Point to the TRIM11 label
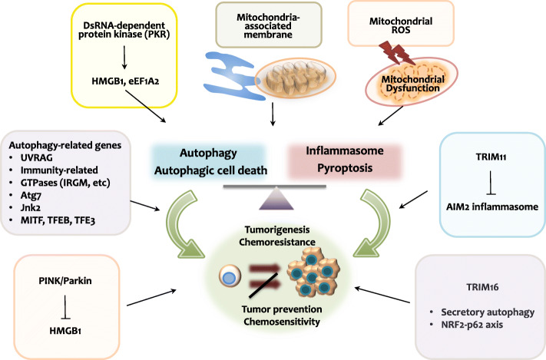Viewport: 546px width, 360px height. pyautogui.click(x=491, y=157)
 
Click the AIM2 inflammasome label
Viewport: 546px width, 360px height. pyautogui.click(x=492, y=206)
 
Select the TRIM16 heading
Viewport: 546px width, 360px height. pyautogui.click(x=482, y=287)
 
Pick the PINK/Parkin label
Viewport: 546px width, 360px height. pyautogui.click(x=65, y=281)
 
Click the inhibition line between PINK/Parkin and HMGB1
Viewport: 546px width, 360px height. pyautogui.click(x=65, y=307)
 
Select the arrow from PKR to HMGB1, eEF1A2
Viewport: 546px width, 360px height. pyautogui.click(x=124, y=59)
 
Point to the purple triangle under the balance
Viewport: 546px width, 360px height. pyautogui.click(x=276, y=199)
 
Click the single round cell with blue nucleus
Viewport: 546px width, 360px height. pyautogui.click(x=230, y=276)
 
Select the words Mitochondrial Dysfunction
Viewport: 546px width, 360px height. pyautogui.click(x=412, y=84)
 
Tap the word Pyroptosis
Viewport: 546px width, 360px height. pyautogui.click(x=345, y=168)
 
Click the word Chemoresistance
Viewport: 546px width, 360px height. pyautogui.click(x=277, y=242)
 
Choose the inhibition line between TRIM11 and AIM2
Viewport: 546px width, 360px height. pyautogui.click(x=491, y=183)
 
